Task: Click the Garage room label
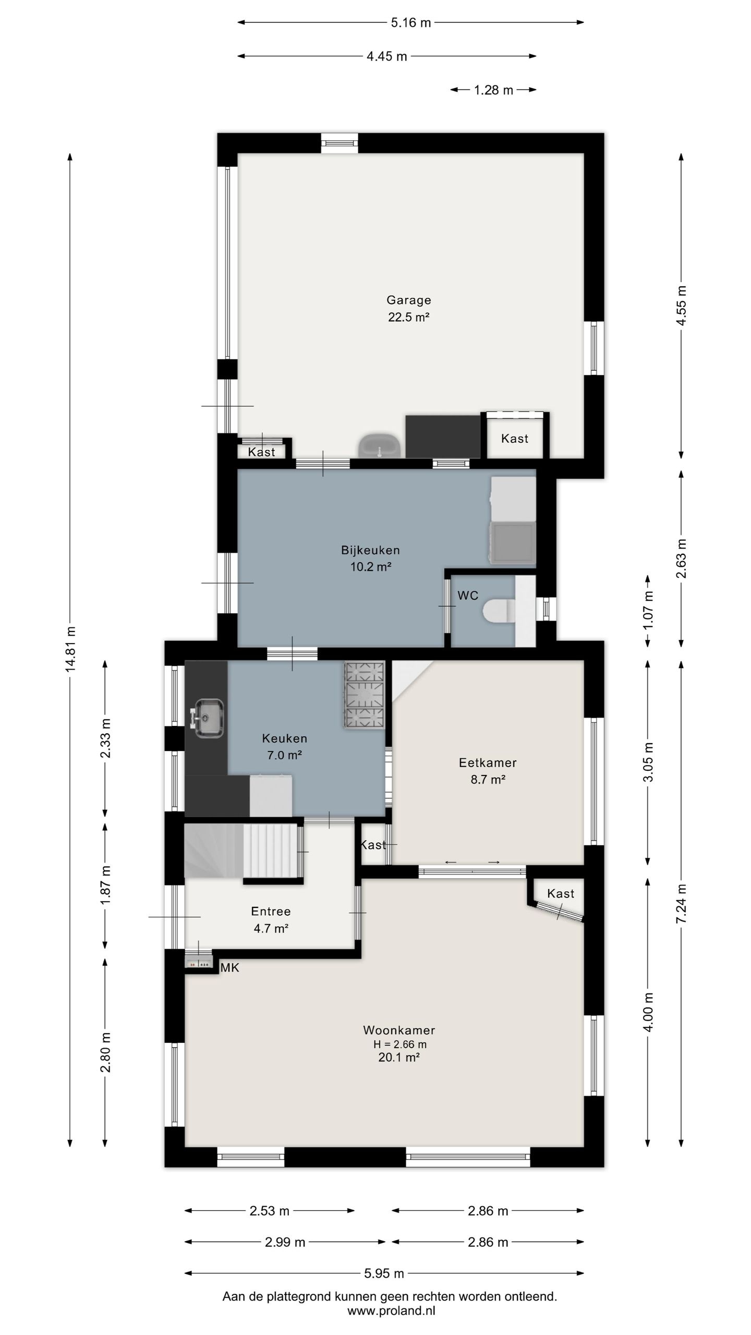coord(408,300)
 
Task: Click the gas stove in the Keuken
coord(364,695)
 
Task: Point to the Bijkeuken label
coord(370,550)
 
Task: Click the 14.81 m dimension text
coord(70,649)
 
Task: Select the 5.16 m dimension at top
coord(411,22)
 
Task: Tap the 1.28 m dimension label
coord(493,90)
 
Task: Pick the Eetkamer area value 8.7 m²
coord(488,780)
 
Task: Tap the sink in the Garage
coord(379,446)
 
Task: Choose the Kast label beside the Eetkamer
coord(373,845)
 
